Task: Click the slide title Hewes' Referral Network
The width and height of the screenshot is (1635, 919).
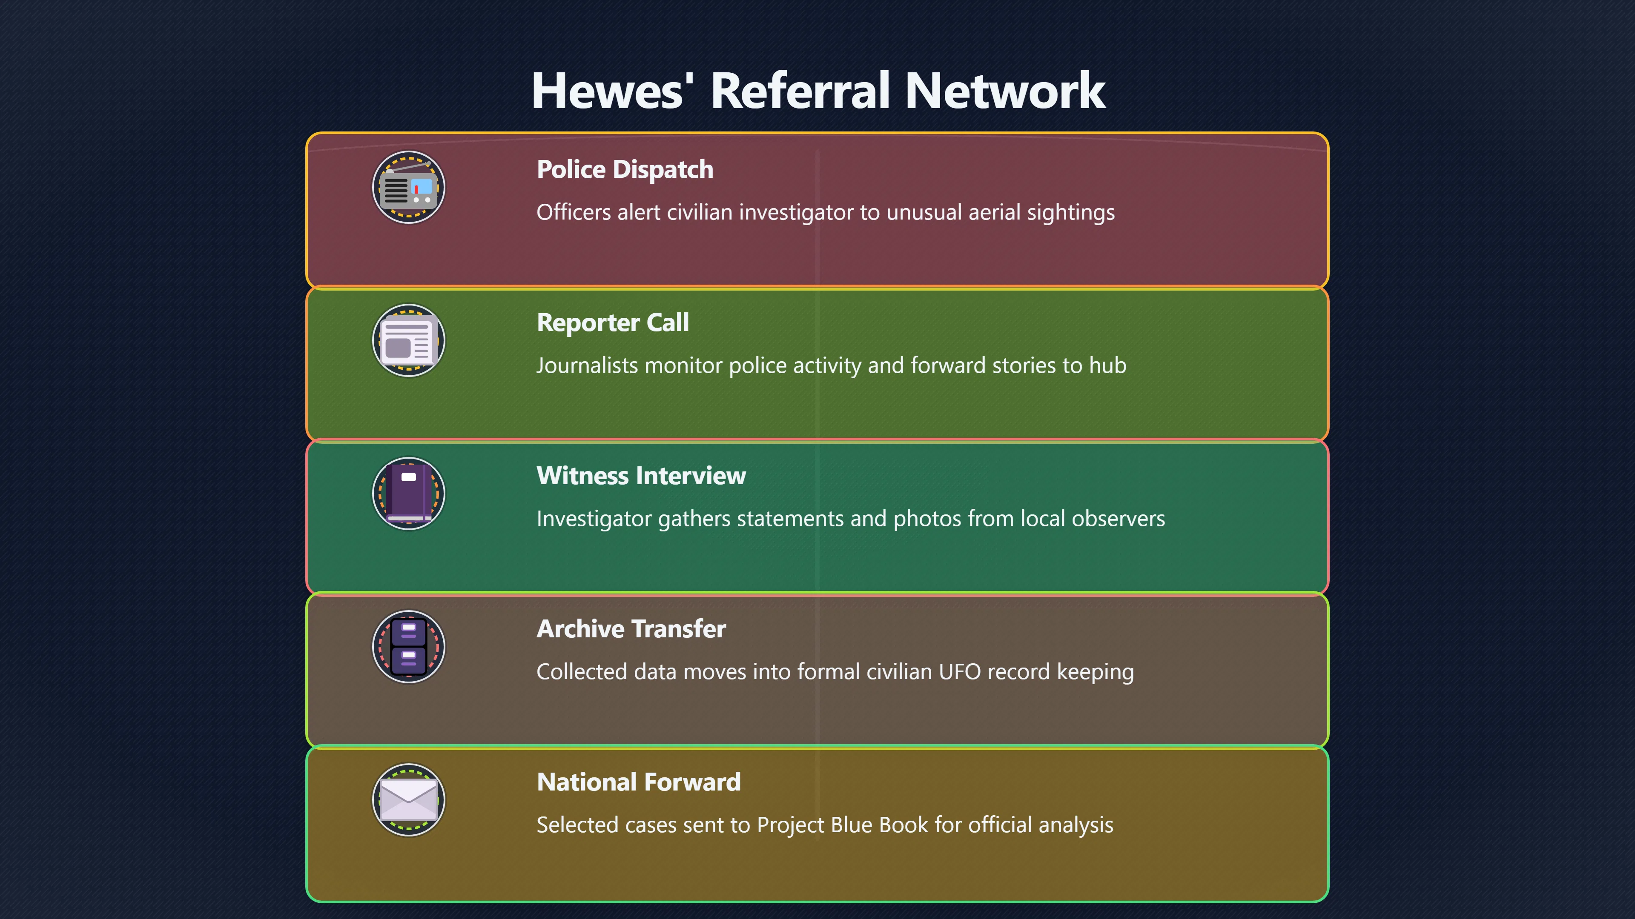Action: [818, 91]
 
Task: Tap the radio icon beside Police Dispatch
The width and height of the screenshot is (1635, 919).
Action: [409, 188]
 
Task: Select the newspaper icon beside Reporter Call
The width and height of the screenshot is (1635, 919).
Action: [409, 340]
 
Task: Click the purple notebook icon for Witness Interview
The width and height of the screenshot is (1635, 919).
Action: [409, 494]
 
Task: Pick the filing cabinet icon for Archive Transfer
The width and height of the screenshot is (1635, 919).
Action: [409, 647]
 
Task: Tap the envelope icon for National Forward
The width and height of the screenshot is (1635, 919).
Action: [409, 800]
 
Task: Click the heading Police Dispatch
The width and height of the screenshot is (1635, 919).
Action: [625, 170]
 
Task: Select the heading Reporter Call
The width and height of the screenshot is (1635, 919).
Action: [613, 323]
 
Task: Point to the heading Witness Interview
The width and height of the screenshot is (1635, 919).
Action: [641, 476]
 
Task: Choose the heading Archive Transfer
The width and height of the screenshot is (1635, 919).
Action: [631, 629]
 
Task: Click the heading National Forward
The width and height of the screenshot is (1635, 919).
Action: [639, 782]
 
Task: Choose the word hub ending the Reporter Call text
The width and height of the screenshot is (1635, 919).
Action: [1107, 365]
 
